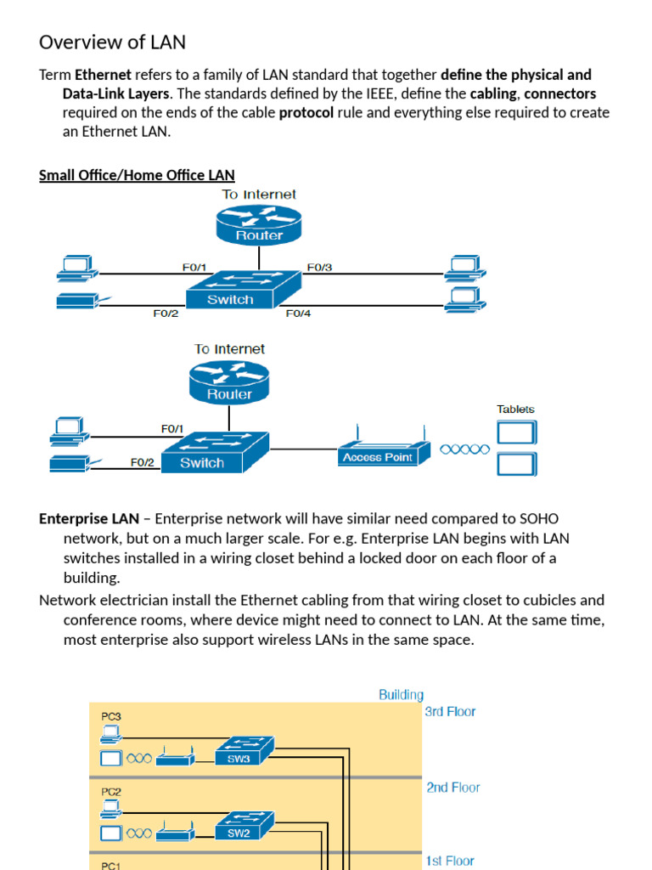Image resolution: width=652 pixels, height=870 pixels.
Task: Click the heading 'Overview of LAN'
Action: (112, 42)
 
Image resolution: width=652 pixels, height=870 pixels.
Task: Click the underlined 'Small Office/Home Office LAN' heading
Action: (137, 175)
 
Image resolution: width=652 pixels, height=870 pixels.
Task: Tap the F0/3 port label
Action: (319, 267)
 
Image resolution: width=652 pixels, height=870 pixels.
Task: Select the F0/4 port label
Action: (298, 314)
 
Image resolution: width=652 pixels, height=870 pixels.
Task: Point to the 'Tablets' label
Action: (515, 409)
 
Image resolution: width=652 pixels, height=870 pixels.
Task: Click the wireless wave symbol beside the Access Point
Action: (465, 449)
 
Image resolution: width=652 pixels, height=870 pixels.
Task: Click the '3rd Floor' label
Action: (450, 712)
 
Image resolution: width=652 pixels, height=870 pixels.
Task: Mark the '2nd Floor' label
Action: (452, 788)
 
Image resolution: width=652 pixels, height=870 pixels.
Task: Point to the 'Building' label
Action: (401, 695)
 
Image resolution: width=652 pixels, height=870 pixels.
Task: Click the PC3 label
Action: (111, 716)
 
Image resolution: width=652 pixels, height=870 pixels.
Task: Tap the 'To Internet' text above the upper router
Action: (259, 195)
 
